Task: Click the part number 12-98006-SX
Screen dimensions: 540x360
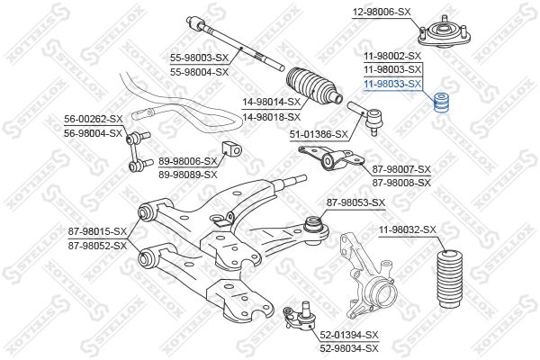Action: [x=382, y=12]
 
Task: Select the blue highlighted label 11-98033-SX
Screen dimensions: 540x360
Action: [x=393, y=84]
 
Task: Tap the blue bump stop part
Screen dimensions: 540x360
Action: [x=443, y=103]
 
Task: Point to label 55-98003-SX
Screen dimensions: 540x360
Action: [x=199, y=58]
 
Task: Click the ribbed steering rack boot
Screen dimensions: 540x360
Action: [x=313, y=86]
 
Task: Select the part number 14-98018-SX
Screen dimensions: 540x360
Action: [x=272, y=117]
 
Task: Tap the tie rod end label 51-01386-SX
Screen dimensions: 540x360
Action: [x=319, y=134]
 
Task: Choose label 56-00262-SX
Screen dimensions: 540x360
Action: [x=94, y=119]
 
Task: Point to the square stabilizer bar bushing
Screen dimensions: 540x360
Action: [x=231, y=148]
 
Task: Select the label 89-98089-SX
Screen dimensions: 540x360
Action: [x=188, y=175]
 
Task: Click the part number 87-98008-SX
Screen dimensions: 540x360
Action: [x=401, y=183]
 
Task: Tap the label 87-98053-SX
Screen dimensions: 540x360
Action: [x=355, y=203]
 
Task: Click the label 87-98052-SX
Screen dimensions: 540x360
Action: [x=97, y=246]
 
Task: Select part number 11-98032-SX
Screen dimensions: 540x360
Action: [x=408, y=229]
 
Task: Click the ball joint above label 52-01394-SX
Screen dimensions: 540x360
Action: [x=299, y=316]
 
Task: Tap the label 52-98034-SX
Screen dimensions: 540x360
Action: [x=349, y=348]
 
